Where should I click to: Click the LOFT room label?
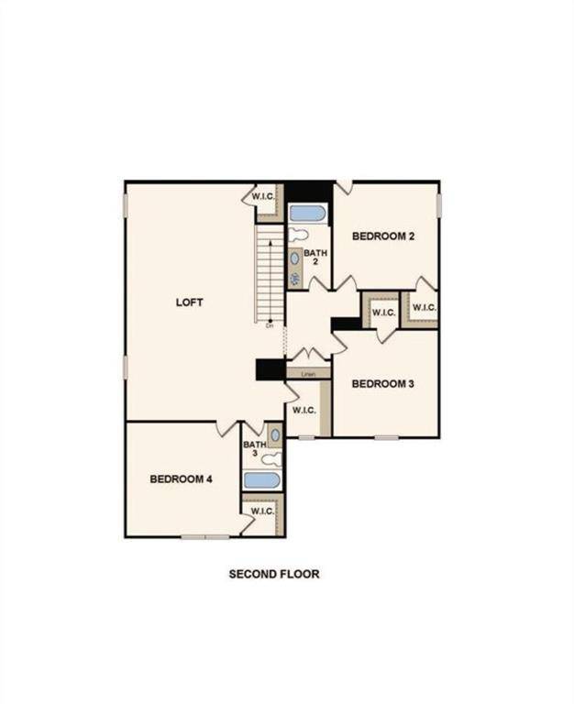click(189, 302)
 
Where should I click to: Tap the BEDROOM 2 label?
click(383, 236)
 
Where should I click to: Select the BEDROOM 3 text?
click(383, 383)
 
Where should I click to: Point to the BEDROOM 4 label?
click(182, 478)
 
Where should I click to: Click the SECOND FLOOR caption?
click(274, 575)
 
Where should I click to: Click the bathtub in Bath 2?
click(308, 214)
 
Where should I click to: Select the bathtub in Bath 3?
click(262, 479)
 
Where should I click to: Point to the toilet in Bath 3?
click(272, 459)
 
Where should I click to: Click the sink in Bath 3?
click(274, 436)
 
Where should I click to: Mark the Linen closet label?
click(308, 374)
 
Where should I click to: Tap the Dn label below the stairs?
click(270, 325)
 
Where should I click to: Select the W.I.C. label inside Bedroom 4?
click(262, 511)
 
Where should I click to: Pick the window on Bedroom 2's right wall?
click(439, 205)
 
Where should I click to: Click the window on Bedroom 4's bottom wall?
click(204, 537)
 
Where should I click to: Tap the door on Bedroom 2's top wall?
click(344, 187)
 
